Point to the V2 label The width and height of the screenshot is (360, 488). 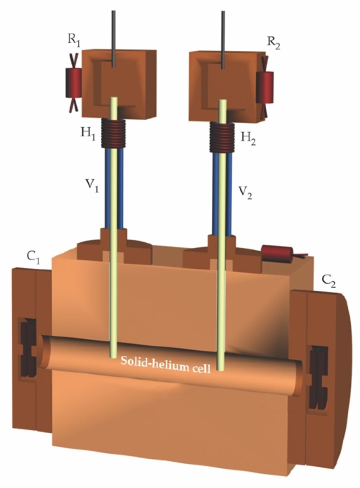tap(245, 192)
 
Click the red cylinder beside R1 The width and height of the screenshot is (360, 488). tap(73, 81)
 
